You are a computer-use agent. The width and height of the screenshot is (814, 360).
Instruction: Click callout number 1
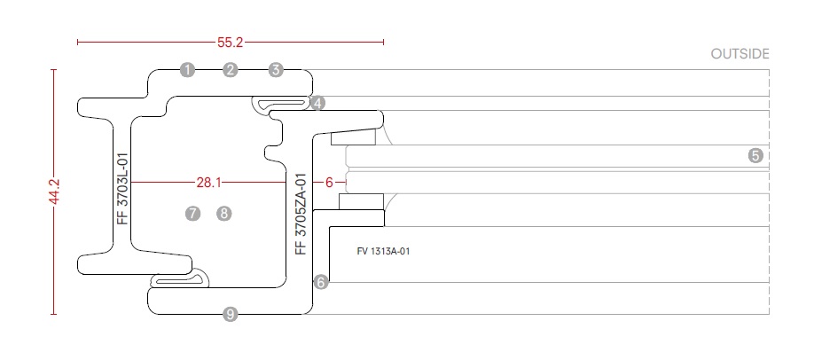click(186, 69)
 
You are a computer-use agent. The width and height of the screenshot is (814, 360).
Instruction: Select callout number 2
click(231, 69)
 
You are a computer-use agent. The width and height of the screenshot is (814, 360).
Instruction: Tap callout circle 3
click(276, 69)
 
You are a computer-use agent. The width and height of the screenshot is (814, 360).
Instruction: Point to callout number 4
click(317, 103)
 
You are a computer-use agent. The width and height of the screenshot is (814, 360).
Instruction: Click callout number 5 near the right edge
click(755, 155)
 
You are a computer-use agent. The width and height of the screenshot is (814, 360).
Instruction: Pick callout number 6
click(321, 282)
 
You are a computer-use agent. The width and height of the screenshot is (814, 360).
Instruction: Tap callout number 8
click(223, 213)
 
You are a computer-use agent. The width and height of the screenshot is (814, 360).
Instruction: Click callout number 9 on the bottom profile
click(231, 313)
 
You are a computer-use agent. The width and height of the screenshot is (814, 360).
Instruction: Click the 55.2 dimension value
click(231, 41)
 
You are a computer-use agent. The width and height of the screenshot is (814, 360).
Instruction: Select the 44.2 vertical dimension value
click(54, 192)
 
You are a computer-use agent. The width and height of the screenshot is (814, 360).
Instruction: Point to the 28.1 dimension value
click(207, 183)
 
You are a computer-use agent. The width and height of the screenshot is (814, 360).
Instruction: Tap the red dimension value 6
click(329, 183)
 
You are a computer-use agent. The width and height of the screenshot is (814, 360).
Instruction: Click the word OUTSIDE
click(740, 54)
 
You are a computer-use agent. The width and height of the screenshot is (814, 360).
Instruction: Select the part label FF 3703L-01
click(123, 188)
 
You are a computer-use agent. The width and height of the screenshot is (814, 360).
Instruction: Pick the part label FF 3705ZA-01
click(301, 214)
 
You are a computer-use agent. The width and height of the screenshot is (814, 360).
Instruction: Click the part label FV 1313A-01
click(383, 251)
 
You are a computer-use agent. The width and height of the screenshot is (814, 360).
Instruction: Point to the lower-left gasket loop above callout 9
click(181, 280)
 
